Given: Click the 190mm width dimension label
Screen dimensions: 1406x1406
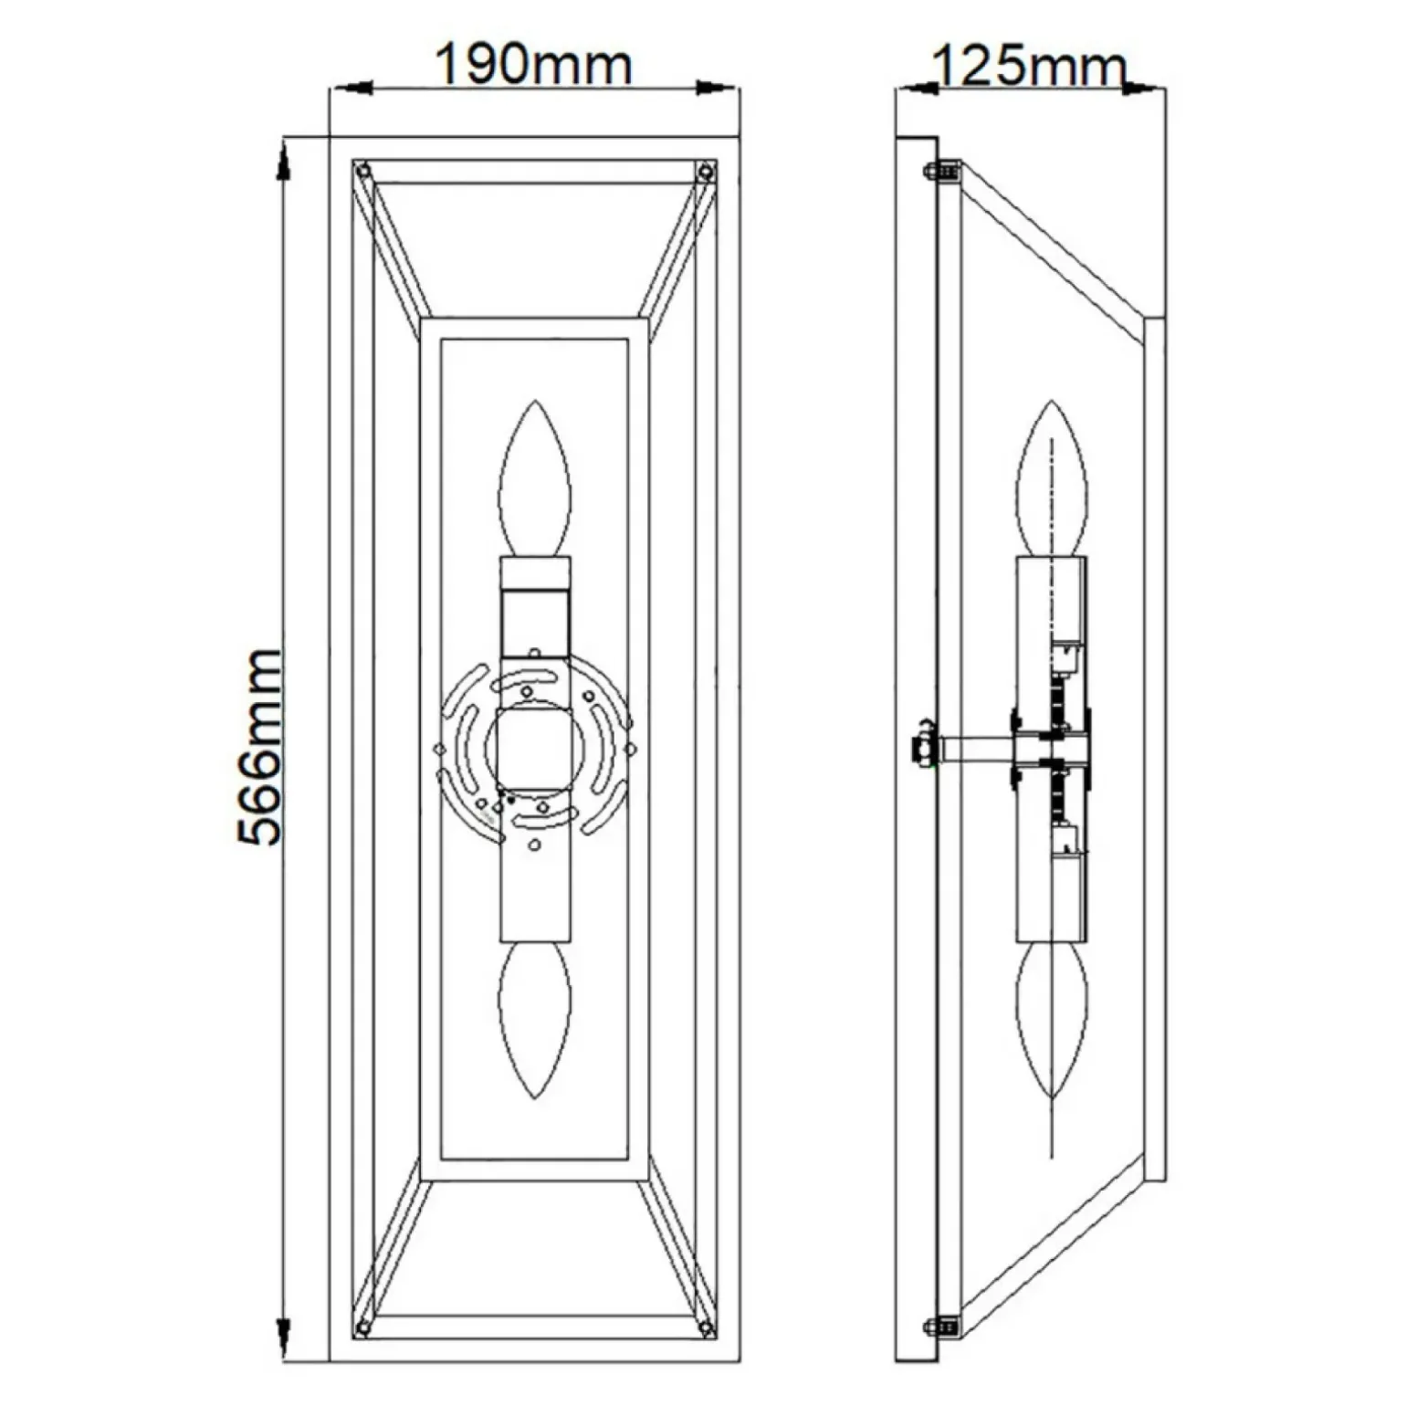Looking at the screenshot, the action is tap(533, 65).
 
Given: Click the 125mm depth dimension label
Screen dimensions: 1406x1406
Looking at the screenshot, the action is tap(1029, 67).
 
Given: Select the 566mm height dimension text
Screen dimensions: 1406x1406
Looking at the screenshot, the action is tap(259, 747).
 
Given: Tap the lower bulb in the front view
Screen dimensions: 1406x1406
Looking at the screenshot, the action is tap(534, 1021).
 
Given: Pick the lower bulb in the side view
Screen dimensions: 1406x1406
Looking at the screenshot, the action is tap(1053, 1021).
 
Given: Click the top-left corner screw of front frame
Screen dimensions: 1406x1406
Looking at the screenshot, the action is tap(364, 171).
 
